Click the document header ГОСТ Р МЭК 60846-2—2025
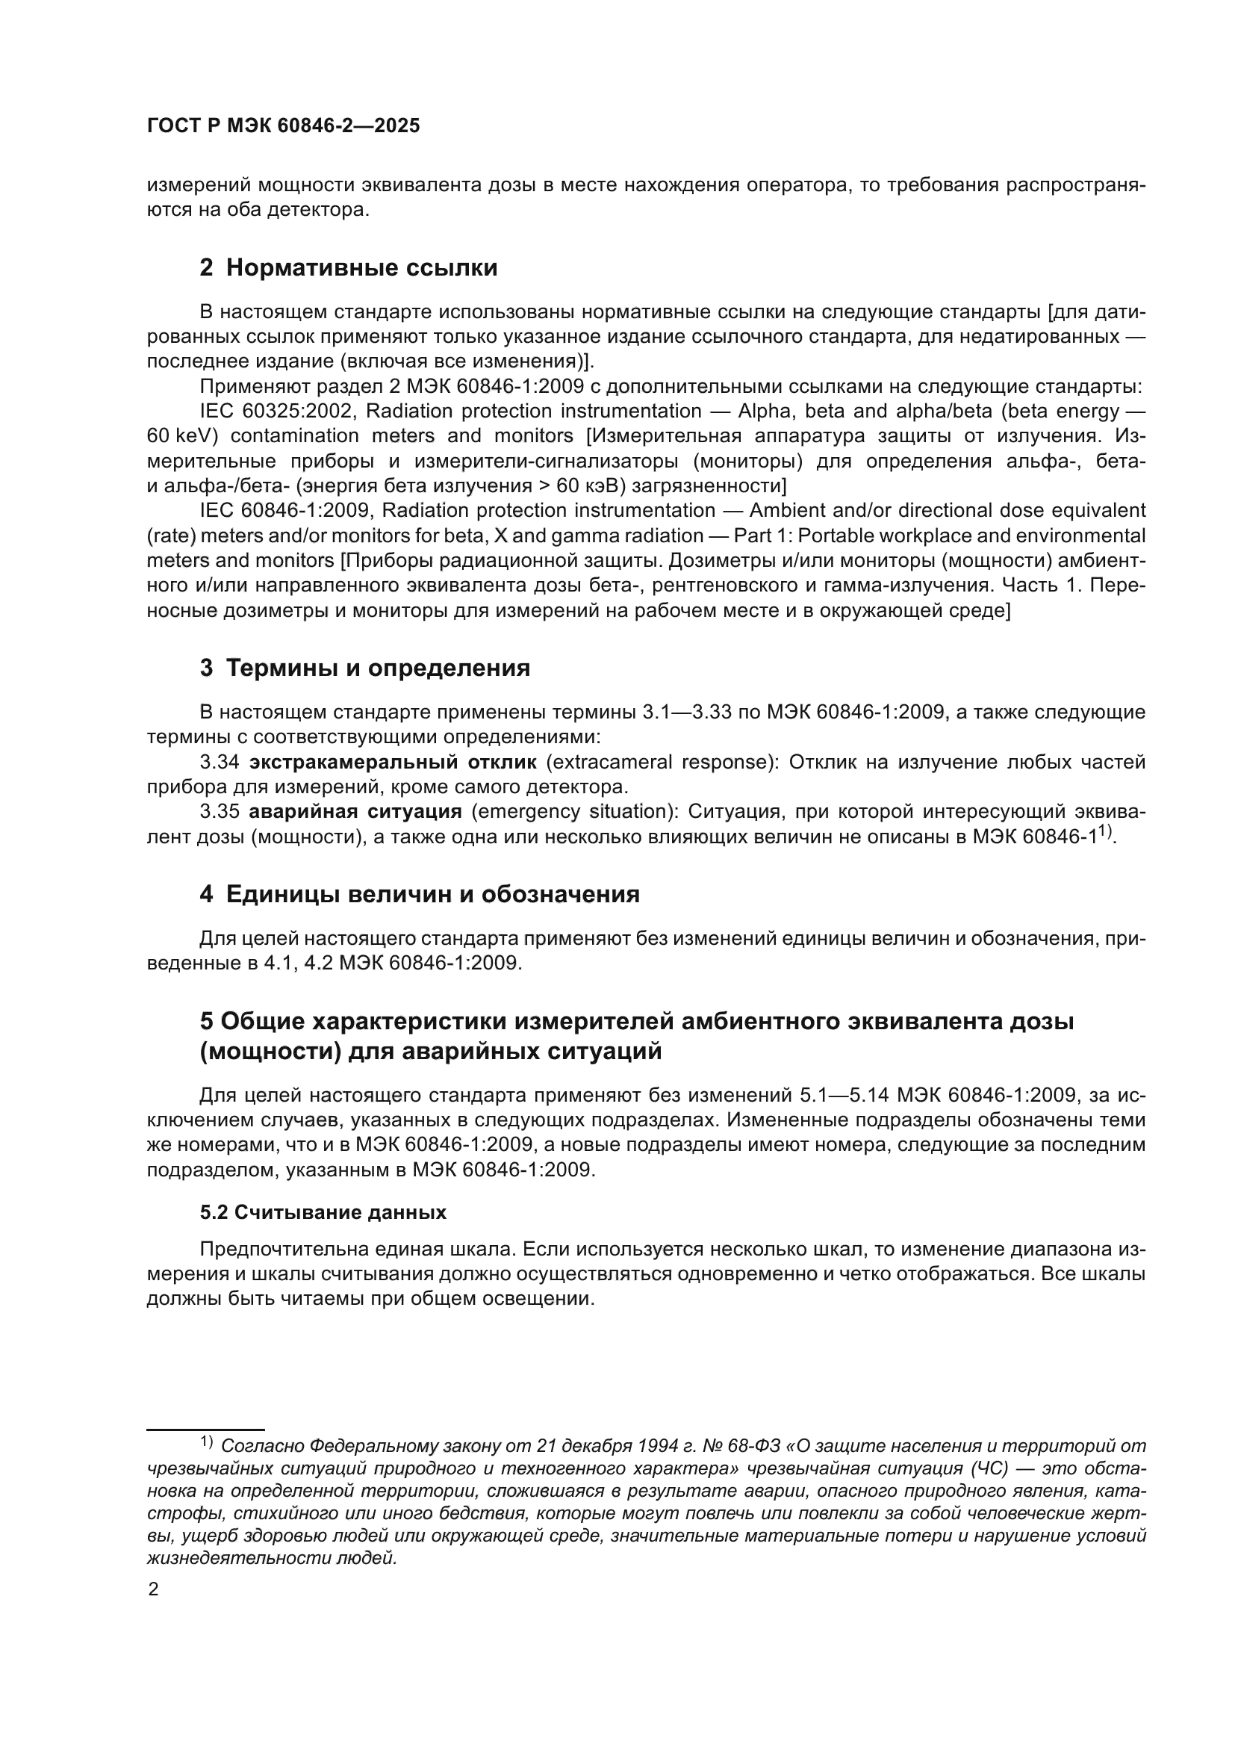tap(283, 126)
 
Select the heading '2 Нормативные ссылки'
tap(348, 268)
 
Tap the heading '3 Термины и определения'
tap(364, 668)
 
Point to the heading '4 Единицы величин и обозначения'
tap(419, 894)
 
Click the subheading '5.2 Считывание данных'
tap(323, 1213)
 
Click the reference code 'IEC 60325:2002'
tap(277, 412)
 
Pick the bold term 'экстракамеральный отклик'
tap(393, 763)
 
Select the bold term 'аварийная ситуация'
tap(355, 812)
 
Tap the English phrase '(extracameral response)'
tap(662, 763)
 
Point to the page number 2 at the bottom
tap(153, 1590)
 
